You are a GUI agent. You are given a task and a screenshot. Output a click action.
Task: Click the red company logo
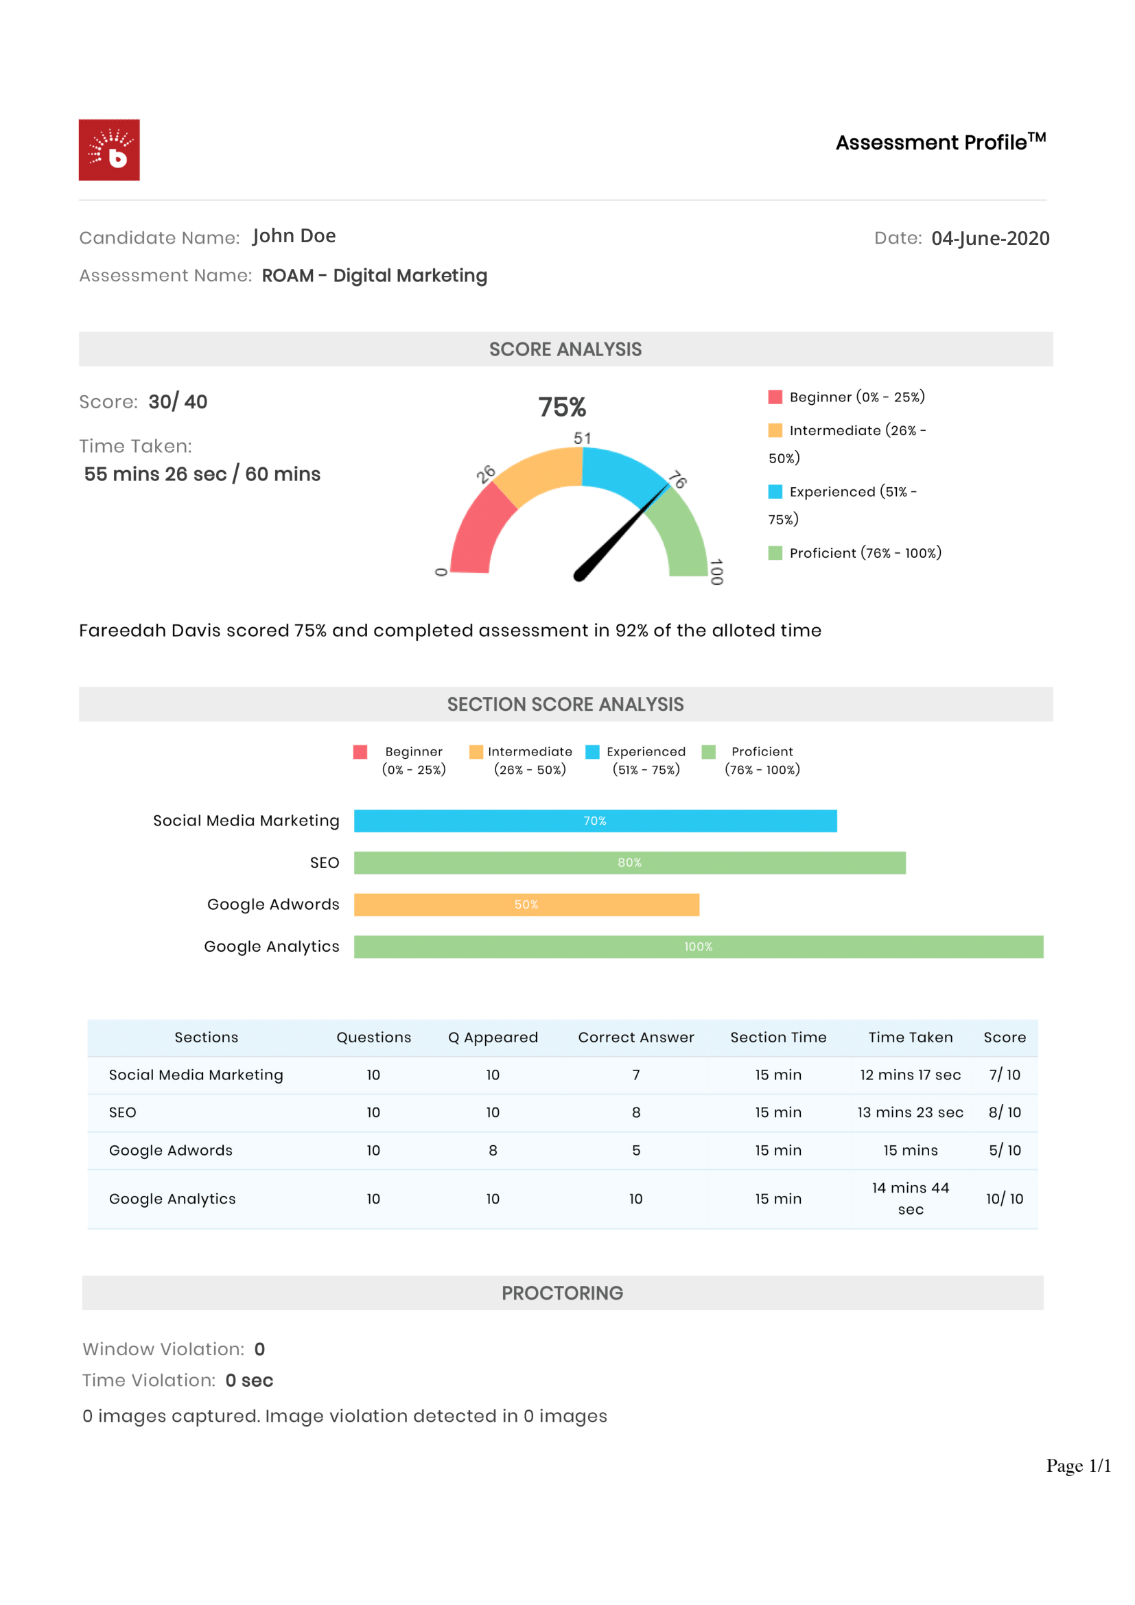tap(109, 150)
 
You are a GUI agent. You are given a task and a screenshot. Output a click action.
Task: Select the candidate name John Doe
tap(294, 236)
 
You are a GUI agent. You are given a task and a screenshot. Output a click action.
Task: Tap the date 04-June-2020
tap(990, 238)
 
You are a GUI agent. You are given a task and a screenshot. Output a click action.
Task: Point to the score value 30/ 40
tap(178, 402)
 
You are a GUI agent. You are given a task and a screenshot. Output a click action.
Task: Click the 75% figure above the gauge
tap(562, 407)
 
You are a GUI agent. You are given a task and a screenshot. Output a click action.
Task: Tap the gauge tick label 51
tap(582, 438)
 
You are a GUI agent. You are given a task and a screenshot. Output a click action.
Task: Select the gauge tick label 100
tap(716, 571)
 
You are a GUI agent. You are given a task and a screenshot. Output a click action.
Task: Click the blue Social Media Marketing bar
tap(595, 821)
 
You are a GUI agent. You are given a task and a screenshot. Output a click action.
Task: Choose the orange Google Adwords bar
tap(526, 904)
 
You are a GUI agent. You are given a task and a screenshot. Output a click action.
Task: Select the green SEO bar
tap(629, 863)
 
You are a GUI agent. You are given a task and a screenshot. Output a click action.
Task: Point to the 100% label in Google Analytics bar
tap(697, 946)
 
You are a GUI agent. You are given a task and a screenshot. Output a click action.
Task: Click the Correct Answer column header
tap(636, 1038)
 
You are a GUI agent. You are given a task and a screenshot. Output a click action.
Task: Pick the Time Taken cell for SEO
tap(910, 1112)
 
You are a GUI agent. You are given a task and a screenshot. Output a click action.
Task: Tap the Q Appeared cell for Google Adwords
tap(493, 1150)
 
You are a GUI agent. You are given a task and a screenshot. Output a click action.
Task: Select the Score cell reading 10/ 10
tap(1005, 1199)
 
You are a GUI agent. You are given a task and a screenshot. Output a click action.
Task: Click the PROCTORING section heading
tap(562, 1293)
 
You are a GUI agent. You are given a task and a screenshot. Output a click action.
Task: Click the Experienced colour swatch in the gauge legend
tap(775, 491)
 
